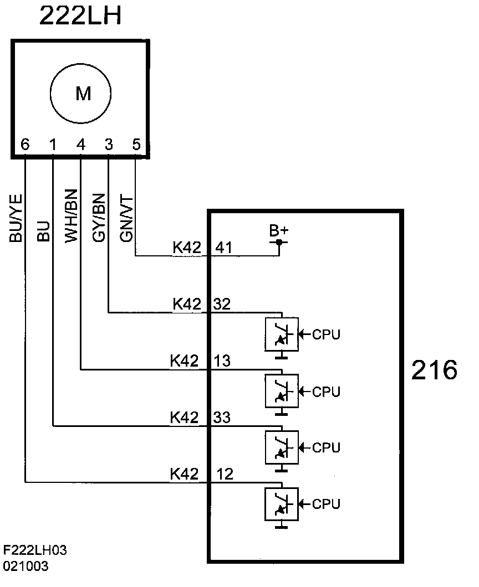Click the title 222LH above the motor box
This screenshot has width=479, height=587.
[x=80, y=17]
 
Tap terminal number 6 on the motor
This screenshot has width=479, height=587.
[x=25, y=145]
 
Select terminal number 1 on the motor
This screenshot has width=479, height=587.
[x=53, y=145]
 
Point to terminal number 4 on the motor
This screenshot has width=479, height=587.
[x=81, y=145]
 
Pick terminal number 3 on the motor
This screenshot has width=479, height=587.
[x=109, y=145]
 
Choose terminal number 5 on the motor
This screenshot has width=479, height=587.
[x=136, y=145]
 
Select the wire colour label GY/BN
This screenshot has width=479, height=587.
[x=99, y=217]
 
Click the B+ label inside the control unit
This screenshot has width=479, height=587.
[x=279, y=231]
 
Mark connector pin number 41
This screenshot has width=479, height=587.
[x=223, y=248]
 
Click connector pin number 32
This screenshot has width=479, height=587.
[x=223, y=303]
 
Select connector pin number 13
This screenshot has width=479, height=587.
[x=223, y=361]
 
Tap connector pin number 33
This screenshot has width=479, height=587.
[x=223, y=418]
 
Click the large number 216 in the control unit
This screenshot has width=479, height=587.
[x=434, y=370]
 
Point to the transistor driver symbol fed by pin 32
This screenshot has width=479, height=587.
[x=282, y=334]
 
